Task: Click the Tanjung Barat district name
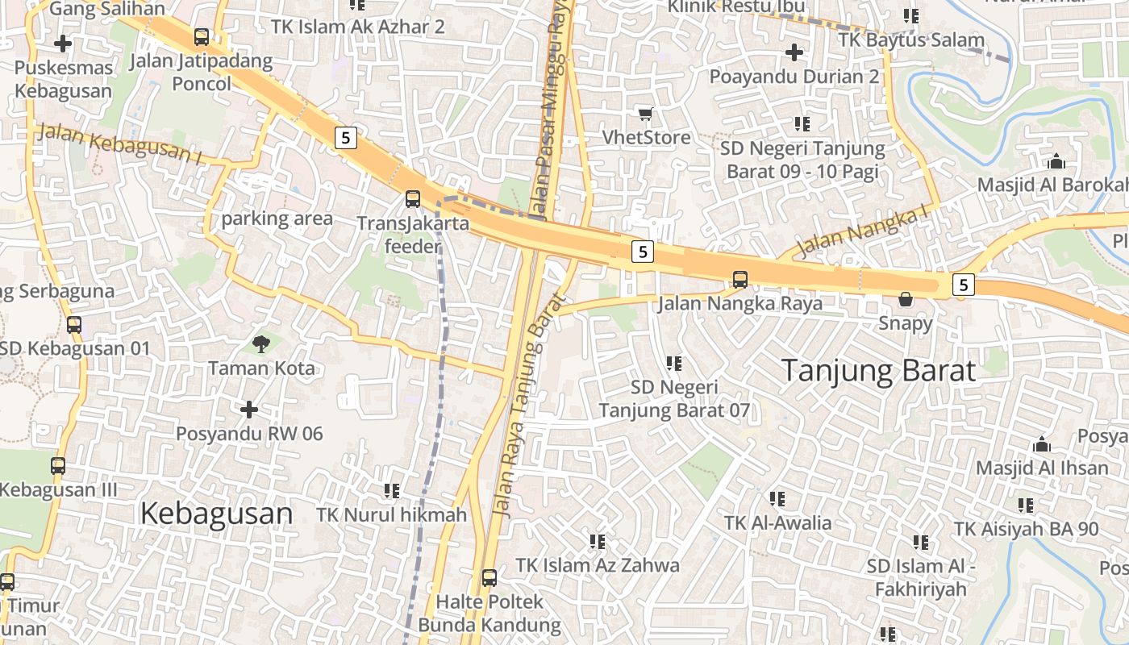879,371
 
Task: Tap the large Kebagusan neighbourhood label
216,514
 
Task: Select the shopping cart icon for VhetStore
645,114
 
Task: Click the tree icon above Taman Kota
260,344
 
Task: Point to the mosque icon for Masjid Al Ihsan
1042,444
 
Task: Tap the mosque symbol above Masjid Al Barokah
1056,161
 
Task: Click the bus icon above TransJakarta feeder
413,198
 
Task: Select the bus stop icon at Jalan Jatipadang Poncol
202,36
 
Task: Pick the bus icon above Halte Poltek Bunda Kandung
490,577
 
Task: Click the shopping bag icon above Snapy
906,299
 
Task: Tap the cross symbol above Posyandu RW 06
249,410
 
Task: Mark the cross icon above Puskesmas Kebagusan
63,44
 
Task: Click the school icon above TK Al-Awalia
777,499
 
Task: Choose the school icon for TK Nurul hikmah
392,490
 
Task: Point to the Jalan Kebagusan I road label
119,144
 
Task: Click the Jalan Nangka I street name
862,233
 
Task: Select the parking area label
277,218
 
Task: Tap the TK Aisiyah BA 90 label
1026,530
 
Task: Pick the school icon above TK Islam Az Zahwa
598,541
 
